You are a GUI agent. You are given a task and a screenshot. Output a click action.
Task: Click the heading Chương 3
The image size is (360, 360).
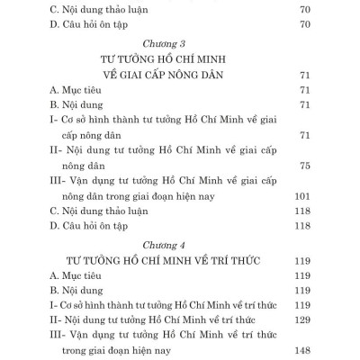coord(169,40)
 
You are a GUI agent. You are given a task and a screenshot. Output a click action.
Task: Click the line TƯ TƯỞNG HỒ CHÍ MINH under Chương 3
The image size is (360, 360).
coord(169,58)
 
